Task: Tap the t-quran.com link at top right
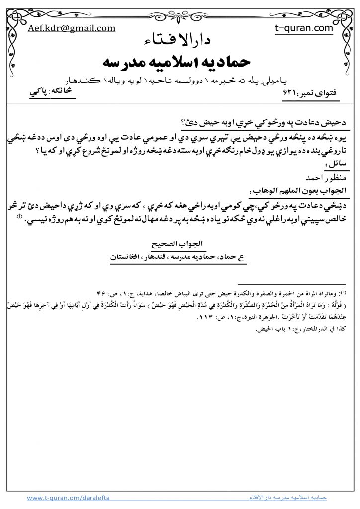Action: click(304, 28)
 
